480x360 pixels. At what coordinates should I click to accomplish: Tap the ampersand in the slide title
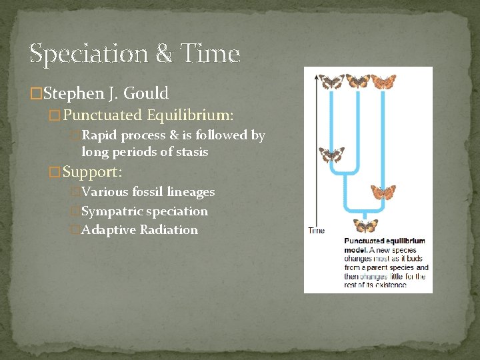click(x=163, y=53)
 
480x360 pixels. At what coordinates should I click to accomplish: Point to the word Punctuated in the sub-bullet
click(x=103, y=115)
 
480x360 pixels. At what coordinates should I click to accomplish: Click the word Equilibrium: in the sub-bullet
click(x=190, y=115)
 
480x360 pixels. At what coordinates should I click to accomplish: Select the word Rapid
click(x=99, y=135)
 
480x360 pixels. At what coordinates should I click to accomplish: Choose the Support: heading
click(x=93, y=172)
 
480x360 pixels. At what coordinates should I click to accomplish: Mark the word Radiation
click(x=169, y=230)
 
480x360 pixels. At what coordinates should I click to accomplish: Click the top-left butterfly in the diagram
click(x=331, y=81)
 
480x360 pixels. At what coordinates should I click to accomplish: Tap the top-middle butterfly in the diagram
click(x=358, y=81)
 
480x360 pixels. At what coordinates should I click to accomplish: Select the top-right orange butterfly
click(x=383, y=81)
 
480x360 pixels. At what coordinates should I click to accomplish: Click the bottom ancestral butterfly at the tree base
click(x=365, y=226)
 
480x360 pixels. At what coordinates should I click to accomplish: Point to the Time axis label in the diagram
click(x=316, y=231)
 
